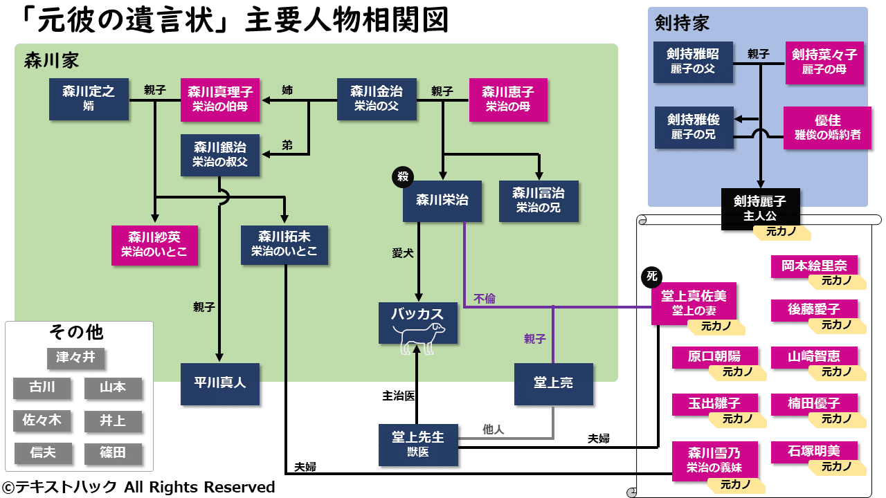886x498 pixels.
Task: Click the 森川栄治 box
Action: (442, 201)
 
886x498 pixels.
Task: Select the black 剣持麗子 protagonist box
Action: (760, 207)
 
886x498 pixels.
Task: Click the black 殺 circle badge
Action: (402, 177)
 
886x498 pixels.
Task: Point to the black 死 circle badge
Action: (651, 277)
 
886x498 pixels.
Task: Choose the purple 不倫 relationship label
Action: (484, 299)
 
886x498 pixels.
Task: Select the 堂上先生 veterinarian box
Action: (418, 444)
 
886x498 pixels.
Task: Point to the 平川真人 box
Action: (219, 382)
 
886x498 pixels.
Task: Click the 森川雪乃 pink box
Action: (714, 460)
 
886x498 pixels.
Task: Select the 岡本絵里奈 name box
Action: (813, 266)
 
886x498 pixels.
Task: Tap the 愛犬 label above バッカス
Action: (402, 253)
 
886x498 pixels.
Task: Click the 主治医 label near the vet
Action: (399, 396)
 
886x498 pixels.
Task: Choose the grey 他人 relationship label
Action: (493, 430)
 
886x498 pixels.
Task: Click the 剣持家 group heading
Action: (682, 24)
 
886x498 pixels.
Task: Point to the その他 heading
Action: (76, 333)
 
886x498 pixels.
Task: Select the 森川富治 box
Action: (538, 200)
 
